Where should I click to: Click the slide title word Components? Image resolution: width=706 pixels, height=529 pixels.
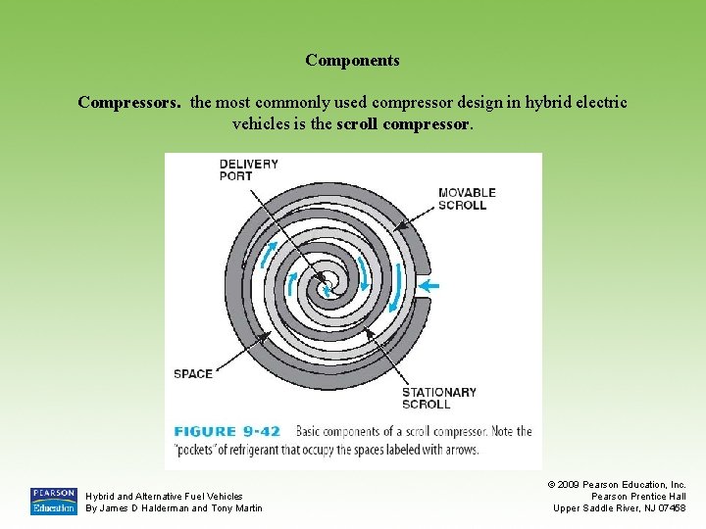[352, 61]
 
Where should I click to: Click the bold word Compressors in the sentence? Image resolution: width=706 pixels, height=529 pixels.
[128, 102]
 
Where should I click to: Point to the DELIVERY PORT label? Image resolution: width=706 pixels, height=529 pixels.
[248, 170]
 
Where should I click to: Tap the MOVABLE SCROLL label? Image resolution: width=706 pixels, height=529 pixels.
[467, 199]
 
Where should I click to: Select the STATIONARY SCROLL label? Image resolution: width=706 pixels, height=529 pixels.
[438, 398]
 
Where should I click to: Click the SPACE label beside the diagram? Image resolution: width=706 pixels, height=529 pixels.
[193, 373]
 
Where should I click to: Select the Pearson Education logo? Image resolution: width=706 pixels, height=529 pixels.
[53, 501]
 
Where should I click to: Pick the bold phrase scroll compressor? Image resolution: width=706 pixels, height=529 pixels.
[404, 124]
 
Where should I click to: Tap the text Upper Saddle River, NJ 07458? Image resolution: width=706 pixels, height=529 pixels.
[619, 507]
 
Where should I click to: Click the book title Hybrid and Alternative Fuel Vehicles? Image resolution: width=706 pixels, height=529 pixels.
[164, 496]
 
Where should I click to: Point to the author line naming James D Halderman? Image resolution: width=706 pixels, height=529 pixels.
[174, 507]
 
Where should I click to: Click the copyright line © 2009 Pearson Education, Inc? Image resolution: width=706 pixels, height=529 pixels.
[616, 484]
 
